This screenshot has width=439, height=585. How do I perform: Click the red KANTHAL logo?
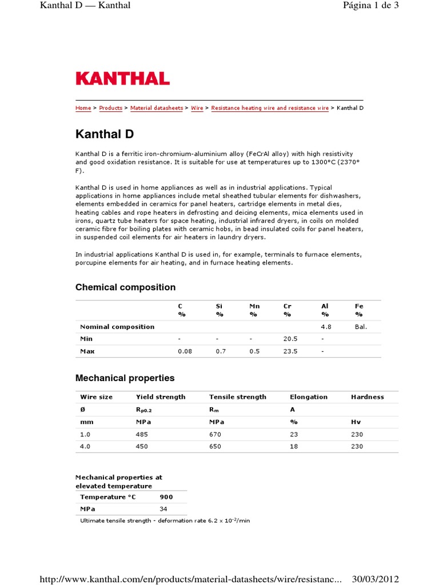[122, 78]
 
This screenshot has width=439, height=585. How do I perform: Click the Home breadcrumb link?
[83, 108]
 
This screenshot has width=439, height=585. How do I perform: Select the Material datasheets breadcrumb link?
[157, 108]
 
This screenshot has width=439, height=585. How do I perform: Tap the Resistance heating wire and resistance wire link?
[270, 108]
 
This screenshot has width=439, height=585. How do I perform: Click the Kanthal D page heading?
[105, 134]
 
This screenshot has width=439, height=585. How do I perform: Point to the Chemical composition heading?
[125, 287]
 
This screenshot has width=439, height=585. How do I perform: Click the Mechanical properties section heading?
[125, 378]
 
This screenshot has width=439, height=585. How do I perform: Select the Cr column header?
[288, 306]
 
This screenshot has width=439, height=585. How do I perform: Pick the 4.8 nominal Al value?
[326, 327]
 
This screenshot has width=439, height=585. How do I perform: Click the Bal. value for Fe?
[361, 327]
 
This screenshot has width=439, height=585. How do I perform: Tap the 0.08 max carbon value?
[185, 351]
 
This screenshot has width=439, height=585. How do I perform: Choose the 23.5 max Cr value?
[290, 351]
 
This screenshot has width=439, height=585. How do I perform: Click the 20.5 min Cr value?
[290, 339]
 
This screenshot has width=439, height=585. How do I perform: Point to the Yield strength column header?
[161, 396]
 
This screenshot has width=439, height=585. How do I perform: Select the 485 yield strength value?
[141, 434]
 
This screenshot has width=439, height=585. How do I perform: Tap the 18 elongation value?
[294, 447]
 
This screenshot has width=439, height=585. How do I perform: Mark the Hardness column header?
[367, 396]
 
